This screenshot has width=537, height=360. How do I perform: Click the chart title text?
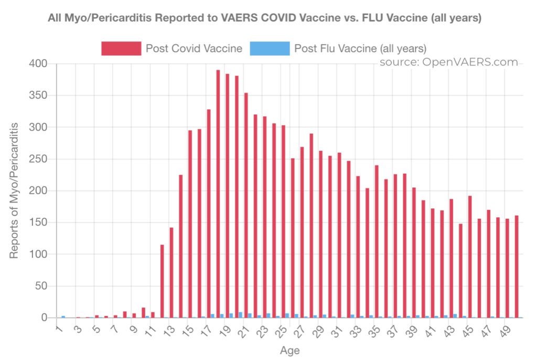tap(264, 18)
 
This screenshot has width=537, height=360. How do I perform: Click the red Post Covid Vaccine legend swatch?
tap(121, 49)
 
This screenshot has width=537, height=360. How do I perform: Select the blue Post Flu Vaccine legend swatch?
tap(270, 49)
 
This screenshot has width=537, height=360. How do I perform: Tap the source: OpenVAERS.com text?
tap(449, 62)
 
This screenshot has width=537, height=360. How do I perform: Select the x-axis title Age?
tap(289, 350)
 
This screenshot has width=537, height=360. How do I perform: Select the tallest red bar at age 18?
tap(218, 194)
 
